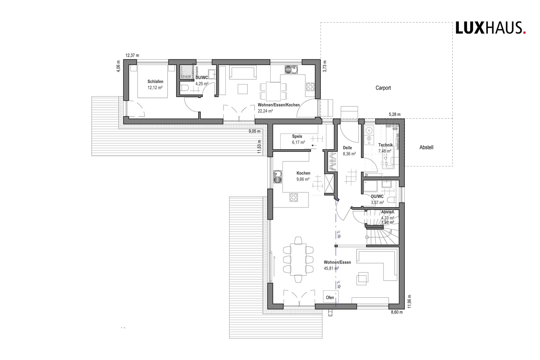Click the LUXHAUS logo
click(x=490, y=28)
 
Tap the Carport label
click(x=383, y=88)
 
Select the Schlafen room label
click(x=155, y=82)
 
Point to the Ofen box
click(x=330, y=297)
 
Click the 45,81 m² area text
click(x=331, y=268)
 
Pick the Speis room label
click(x=297, y=136)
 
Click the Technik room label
click(x=386, y=145)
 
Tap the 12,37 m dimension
click(x=132, y=56)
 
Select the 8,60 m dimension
click(x=397, y=312)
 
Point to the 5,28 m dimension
click(x=395, y=115)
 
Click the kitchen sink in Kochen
click(x=278, y=176)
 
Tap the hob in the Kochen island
click(x=294, y=197)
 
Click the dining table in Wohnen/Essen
click(x=298, y=259)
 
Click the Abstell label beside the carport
click(x=426, y=147)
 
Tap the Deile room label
click(x=347, y=148)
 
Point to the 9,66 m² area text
click(x=303, y=179)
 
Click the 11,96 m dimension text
click(x=409, y=302)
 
